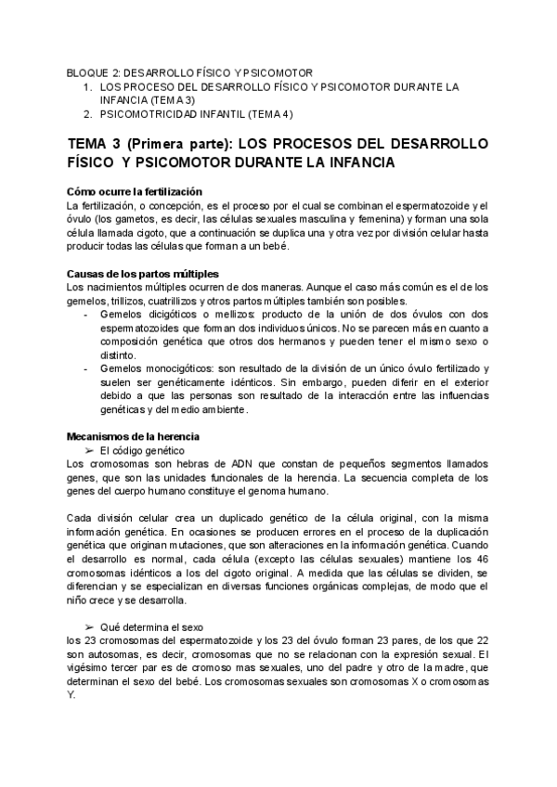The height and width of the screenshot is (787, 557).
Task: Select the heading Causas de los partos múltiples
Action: click(142, 274)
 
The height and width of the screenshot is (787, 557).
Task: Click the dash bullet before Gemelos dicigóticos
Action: click(87, 315)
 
